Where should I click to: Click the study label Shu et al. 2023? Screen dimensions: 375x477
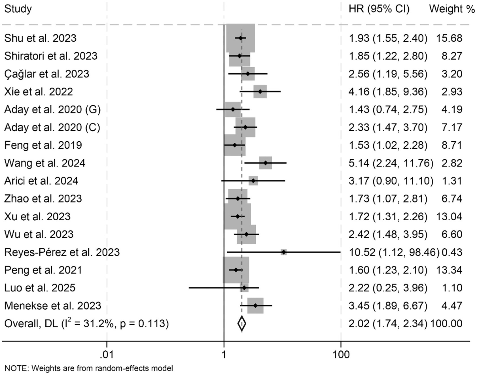40,38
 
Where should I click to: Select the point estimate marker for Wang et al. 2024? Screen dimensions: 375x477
265,163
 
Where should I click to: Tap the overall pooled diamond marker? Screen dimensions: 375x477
241,323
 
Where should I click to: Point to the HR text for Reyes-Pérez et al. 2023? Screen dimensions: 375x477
394,252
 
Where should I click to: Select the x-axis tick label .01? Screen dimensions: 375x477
107,354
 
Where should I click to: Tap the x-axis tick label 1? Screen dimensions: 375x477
224,354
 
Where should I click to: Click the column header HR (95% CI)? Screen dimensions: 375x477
379,9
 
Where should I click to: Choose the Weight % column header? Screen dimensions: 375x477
451,9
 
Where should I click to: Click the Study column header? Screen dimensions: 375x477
18,9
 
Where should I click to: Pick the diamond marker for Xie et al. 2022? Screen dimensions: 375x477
260,91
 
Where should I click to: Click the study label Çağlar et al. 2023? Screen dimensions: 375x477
47,74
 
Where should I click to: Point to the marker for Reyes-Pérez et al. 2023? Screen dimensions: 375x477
284,252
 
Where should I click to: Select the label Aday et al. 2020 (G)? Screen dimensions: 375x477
52,110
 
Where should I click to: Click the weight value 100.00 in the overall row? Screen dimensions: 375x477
446,323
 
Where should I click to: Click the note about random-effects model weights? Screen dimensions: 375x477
89,368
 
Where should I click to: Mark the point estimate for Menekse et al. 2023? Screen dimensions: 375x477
255,306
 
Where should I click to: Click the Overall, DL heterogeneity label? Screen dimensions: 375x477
86,323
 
